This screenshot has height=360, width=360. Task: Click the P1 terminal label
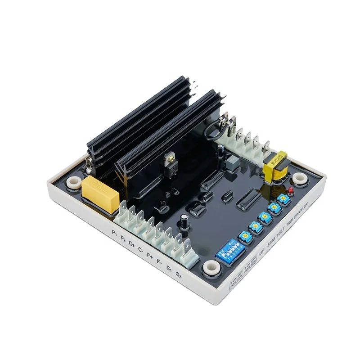115,233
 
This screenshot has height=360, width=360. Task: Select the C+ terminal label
132,244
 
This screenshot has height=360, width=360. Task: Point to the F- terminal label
158,260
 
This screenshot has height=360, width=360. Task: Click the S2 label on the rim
179,274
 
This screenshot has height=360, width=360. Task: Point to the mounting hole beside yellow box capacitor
72,183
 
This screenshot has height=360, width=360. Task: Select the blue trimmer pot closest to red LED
283,199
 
